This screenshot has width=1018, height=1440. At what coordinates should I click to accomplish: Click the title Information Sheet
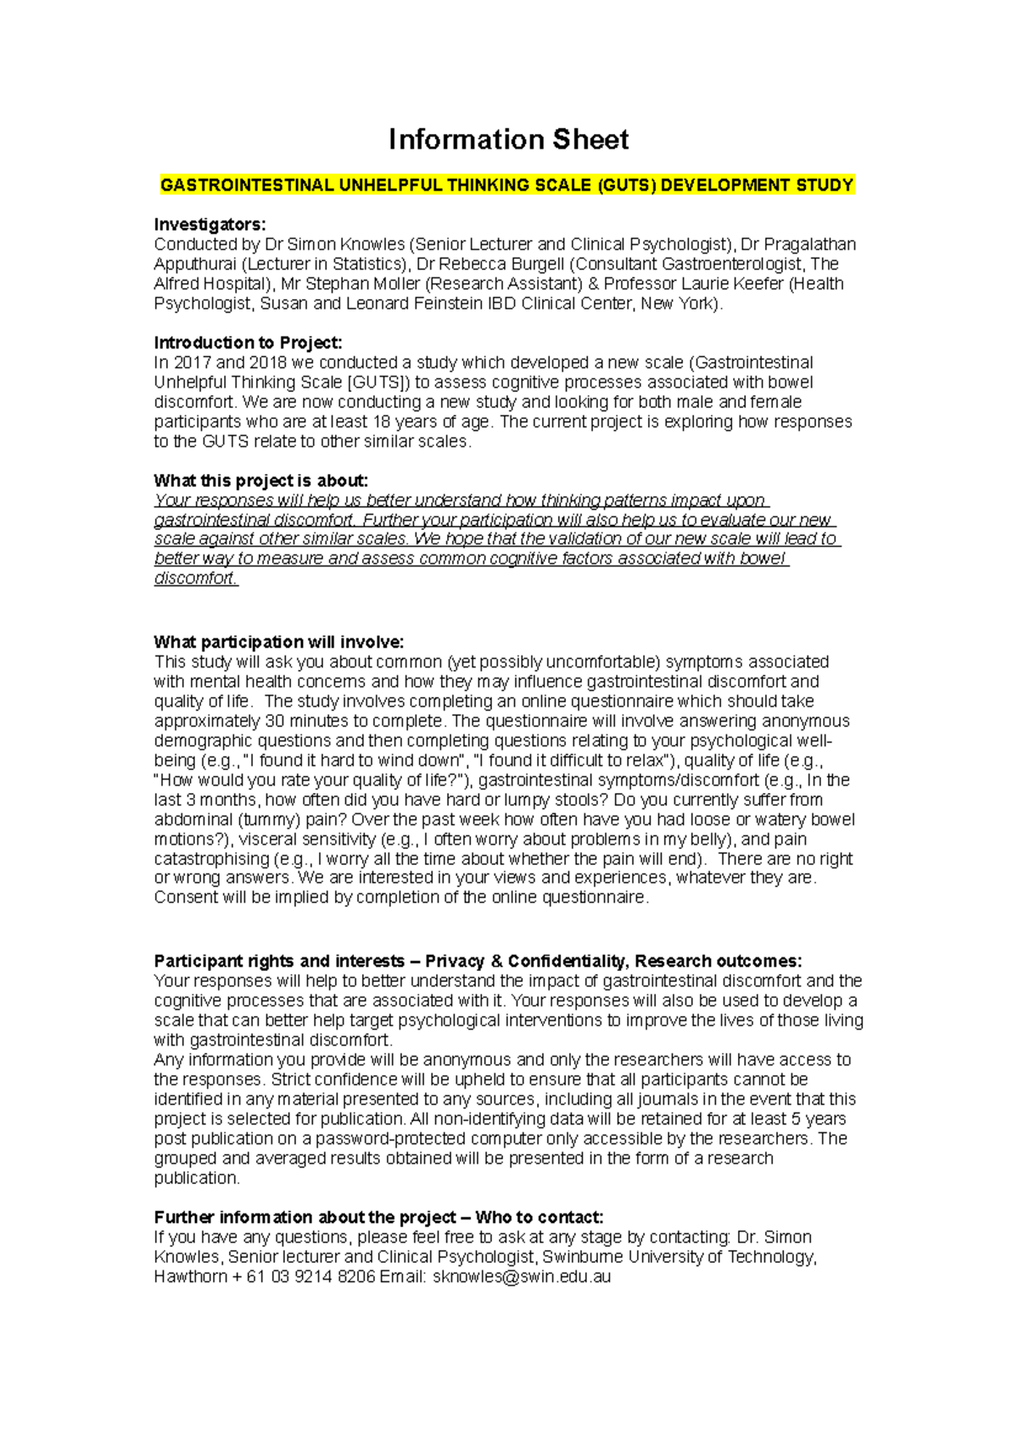coord(508,140)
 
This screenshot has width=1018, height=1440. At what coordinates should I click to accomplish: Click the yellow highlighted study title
coord(507,186)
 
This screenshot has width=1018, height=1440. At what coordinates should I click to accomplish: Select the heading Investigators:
coord(210,225)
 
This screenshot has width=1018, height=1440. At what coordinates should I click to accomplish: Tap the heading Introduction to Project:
coord(248,343)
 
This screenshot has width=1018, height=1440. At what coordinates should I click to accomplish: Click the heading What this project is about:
coord(260,481)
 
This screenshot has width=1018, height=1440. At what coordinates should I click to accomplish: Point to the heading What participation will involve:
coord(278,642)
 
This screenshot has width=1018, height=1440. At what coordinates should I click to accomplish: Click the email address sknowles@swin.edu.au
coord(522,1276)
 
